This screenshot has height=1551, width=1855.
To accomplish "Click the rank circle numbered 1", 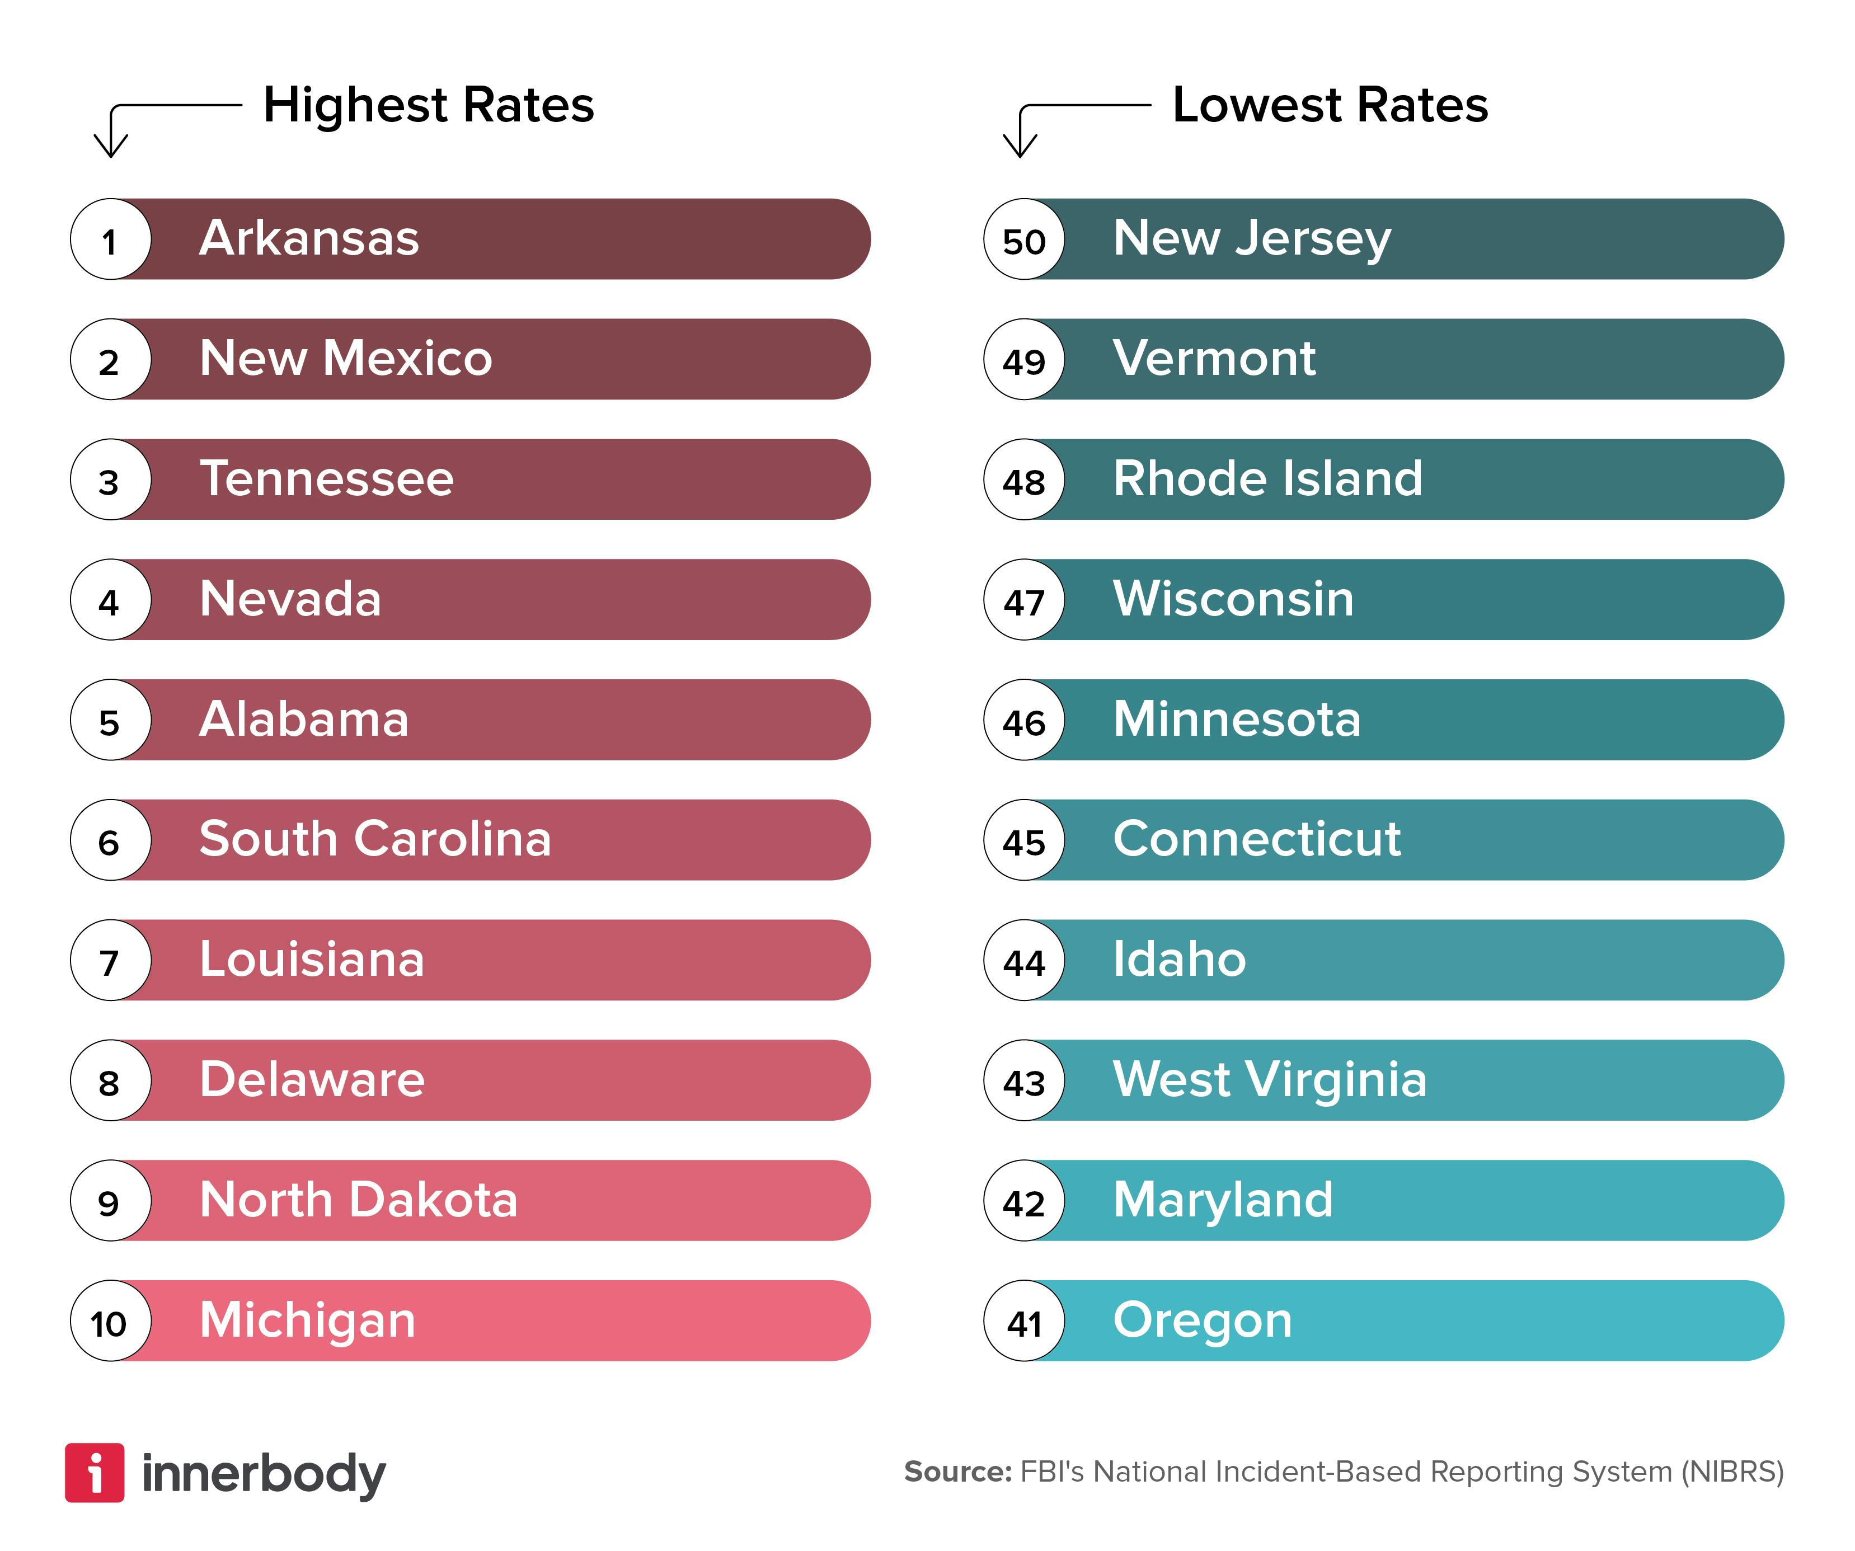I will pos(110,239).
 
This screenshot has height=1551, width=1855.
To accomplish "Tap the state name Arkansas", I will pos(309,238).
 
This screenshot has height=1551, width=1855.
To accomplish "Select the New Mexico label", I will pos(345,359).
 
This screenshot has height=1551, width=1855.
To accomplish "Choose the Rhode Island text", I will pos(1267,479).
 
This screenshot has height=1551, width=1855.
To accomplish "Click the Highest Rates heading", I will pos(429,105).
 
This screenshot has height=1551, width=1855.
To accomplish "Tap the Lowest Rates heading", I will pos(1330,105).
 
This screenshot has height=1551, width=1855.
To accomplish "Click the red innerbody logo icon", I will pos(95,1473).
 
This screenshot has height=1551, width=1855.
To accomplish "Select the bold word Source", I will pos(957,1472).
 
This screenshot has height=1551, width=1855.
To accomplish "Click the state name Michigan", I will pos(307,1320).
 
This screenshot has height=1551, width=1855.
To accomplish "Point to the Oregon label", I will pos(1202,1320).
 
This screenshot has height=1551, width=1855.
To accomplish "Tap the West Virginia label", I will pos(1269,1079).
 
